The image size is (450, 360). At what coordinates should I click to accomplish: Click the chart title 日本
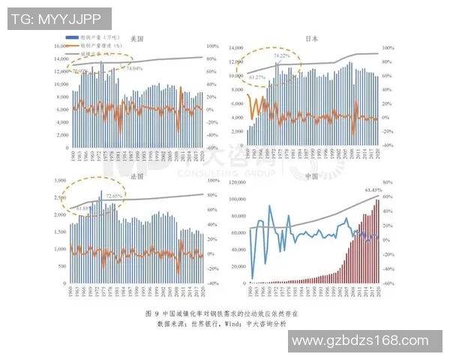(310, 38)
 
